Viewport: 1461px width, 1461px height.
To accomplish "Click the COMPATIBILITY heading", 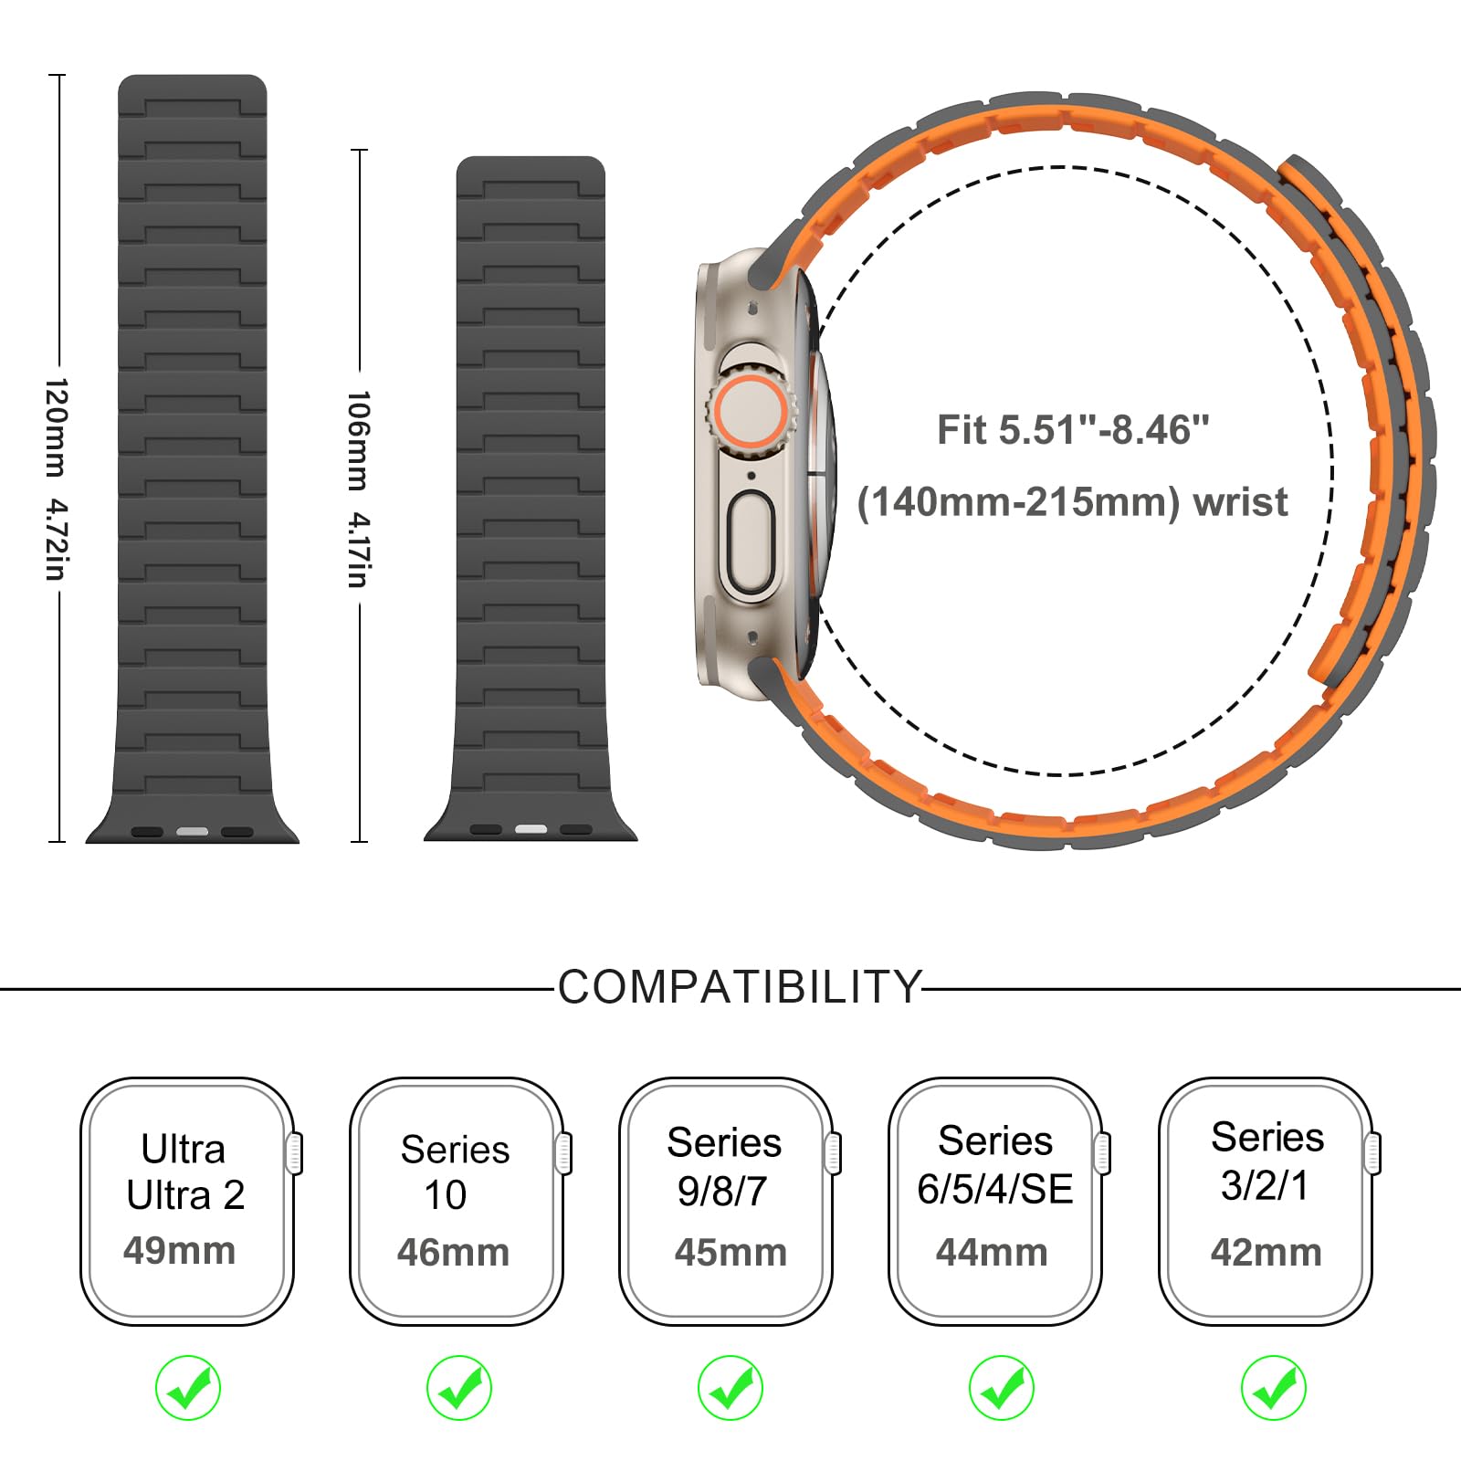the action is pyautogui.click(x=740, y=987).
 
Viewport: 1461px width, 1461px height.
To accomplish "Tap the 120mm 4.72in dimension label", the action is pyautogui.click(x=56, y=478).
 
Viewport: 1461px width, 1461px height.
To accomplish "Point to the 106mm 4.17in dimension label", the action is pyautogui.click(x=358, y=489).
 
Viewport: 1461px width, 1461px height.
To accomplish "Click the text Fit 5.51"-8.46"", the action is pyautogui.click(x=1073, y=430).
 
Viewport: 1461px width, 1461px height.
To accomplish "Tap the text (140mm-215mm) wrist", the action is pyautogui.click(x=1072, y=502).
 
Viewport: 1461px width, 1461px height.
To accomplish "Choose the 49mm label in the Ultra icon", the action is pyautogui.click(x=179, y=1250).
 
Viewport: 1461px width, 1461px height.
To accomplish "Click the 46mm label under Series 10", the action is pyautogui.click(x=453, y=1252).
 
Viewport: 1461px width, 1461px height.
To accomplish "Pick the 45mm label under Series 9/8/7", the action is pyautogui.click(x=730, y=1252).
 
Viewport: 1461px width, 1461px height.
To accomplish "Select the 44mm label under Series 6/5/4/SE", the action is pyautogui.click(x=992, y=1252).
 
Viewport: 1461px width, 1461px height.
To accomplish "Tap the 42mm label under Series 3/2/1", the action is pyautogui.click(x=1266, y=1252).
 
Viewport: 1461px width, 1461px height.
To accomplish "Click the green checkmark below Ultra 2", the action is pyautogui.click(x=188, y=1388).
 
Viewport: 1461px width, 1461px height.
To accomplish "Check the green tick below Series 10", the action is pyautogui.click(x=459, y=1388).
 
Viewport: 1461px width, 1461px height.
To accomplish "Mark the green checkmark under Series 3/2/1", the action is pyautogui.click(x=1274, y=1388).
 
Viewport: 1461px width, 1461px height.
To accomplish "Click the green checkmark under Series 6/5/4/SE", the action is pyautogui.click(x=1002, y=1388).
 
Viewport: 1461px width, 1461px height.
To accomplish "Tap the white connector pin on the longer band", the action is pyautogui.click(x=192, y=832).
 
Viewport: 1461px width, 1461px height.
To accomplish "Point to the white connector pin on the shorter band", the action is pyautogui.click(x=531, y=829).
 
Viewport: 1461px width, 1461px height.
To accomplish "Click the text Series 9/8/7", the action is pyautogui.click(x=724, y=1167).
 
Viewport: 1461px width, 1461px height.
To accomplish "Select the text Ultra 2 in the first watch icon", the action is pyautogui.click(x=185, y=1195).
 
